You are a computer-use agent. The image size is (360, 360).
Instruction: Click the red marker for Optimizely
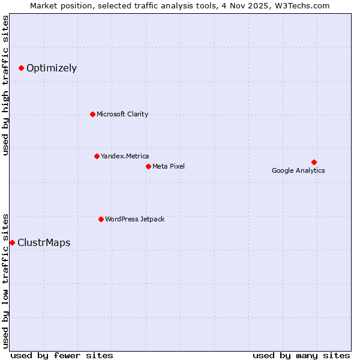click(21, 68)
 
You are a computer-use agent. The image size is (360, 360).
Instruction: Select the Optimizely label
click(52, 68)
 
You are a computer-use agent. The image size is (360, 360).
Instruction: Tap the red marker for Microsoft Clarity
click(92, 114)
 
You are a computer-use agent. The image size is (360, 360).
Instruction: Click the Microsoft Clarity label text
click(122, 115)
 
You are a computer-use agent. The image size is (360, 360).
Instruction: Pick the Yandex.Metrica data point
click(97, 156)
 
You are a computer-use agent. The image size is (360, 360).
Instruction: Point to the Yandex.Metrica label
click(125, 157)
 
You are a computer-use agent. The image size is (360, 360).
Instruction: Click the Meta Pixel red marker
click(148, 166)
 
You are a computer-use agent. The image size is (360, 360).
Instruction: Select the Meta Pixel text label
click(169, 166)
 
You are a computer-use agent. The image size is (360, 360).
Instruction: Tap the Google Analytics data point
click(314, 162)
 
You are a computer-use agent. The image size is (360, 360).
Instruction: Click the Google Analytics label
click(298, 171)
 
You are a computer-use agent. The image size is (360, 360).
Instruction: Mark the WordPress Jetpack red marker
click(101, 219)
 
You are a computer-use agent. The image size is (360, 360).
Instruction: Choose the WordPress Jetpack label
click(134, 220)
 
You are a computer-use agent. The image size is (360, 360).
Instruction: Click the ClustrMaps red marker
click(12, 242)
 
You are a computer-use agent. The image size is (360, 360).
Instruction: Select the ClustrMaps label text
click(44, 243)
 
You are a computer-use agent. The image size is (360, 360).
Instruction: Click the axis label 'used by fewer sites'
click(62, 356)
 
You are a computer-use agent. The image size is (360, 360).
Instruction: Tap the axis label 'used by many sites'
click(301, 356)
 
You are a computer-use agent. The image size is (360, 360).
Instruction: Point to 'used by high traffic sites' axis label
click(6, 85)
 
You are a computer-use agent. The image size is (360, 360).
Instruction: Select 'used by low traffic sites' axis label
click(6, 280)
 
